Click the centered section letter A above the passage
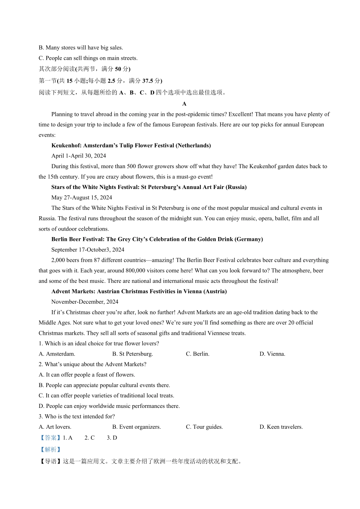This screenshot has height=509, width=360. click(x=184, y=104)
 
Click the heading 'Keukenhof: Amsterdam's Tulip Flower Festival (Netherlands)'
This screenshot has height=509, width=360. click(x=131, y=145)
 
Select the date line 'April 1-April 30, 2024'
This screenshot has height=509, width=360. click(x=79, y=156)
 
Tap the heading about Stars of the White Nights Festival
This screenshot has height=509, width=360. click(x=149, y=187)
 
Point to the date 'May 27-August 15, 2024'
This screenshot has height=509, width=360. click(x=82, y=197)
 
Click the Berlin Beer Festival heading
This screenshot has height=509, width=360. click(x=157, y=239)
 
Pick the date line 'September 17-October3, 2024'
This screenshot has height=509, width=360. click(x=88, y=250)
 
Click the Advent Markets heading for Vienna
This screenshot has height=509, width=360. click(x=139, y=291)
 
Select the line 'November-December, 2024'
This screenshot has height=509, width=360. click(x=85, y=302)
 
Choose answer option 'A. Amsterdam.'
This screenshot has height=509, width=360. click(x=57, y=354)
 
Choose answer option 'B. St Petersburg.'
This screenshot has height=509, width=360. click(x=133, y=354)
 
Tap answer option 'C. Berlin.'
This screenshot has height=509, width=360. click(x=197, y=354)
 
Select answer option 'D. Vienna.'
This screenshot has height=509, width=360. click(x=272, y=354)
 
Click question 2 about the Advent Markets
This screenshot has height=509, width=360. click(x=92, y=364)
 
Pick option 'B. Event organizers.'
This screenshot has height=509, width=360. click(x=136, y=427)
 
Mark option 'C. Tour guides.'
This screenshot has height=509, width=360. click(x=204, y=427)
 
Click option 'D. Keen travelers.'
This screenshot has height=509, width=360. click(x=281, y=427)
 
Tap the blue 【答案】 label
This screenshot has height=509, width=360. click(x=50, y=438)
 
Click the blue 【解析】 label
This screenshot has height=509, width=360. click(x=50, y=450)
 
